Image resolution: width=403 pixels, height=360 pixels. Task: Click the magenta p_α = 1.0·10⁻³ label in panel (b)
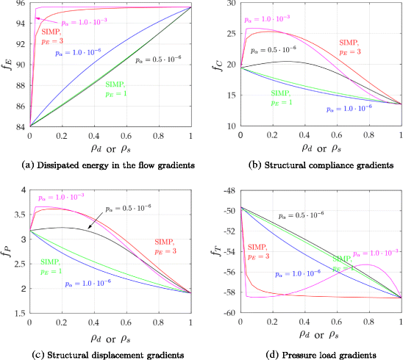(272, 15)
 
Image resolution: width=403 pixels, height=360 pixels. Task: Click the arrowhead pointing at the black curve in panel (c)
(88, 230)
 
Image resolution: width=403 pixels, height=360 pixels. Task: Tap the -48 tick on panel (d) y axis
(226, 191)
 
